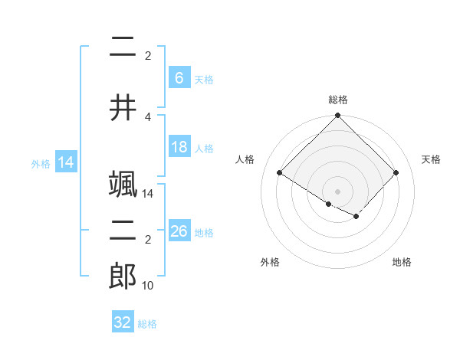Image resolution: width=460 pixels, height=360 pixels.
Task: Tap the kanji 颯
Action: pyautogui.click(x=123, y=184)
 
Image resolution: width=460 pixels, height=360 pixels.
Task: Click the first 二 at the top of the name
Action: pyautogui.click(x=123, y=47)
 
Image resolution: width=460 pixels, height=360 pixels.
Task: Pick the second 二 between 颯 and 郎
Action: pyautogui.click(x=123, y=232)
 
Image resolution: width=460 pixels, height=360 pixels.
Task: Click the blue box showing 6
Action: pyautogui.click(x=179, y=78)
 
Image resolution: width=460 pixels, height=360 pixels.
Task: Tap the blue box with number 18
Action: pyautogui.click(x=179, y=147)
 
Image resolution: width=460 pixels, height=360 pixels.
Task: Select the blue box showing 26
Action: pyautogui.click(x=179, y=231)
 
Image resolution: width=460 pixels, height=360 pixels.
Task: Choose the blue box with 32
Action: pyautogui.click(x=123, y=322)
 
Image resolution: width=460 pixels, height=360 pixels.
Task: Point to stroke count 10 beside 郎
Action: pyautogui.click(x=148, y=286)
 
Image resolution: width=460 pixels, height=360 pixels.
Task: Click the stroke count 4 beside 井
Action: pyautogui.click(x=148, y=116)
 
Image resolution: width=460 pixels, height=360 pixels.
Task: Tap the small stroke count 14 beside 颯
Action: pyautogui.click(x=148, y=194)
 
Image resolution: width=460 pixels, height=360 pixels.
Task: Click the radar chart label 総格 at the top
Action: pyautogui.click(x=338, y=100)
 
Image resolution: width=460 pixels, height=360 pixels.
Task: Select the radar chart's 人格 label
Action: pyautogui.click(x=245, y=159)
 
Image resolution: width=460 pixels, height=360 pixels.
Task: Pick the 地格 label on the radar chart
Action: pyautogui.click(x=402, y=262)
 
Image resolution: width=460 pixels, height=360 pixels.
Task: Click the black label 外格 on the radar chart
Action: pyautogui.click(x=270, y=262)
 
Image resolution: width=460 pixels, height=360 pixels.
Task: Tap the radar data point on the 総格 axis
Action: pyautogui.click(x=337, y=116)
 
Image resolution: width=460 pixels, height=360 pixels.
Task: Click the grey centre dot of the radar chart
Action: pyautogui.click(x=337, y=191)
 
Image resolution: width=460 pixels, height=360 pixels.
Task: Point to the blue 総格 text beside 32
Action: pyautogui.click(x=147, y=324)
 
